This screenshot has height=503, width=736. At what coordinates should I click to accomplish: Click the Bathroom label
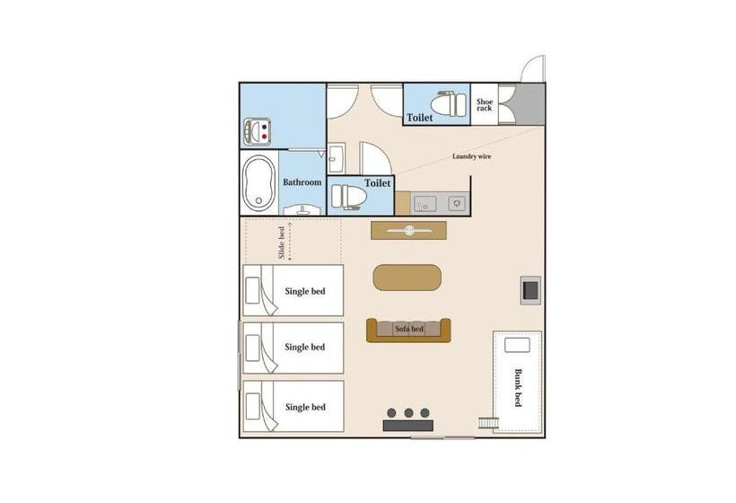point(302,182)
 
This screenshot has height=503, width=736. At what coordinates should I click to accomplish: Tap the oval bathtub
point(258,182)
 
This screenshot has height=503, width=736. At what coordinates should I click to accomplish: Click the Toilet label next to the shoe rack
point(419,118)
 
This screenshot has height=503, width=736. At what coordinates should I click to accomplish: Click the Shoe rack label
point(485,105)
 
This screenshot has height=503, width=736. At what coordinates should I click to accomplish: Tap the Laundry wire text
point(471,156)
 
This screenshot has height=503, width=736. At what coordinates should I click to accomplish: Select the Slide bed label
point(282,243)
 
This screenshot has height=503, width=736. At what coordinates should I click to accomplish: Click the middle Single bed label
point(305,347)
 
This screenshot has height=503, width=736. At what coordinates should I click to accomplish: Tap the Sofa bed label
point(409,330)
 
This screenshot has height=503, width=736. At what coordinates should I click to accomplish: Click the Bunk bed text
point(518,388)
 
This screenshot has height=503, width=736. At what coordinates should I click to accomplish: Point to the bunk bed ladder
point(487,423)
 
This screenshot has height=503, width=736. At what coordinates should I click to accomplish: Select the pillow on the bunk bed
point(517,345)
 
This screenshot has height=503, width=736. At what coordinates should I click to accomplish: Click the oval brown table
point(407,277)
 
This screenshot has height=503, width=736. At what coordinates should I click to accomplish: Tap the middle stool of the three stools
point(409,413)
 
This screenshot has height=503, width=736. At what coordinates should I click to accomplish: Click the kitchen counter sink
point(423,204)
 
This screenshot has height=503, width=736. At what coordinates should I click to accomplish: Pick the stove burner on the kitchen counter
point(457,204)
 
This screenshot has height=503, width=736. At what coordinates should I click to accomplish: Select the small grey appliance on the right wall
point(529,290)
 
